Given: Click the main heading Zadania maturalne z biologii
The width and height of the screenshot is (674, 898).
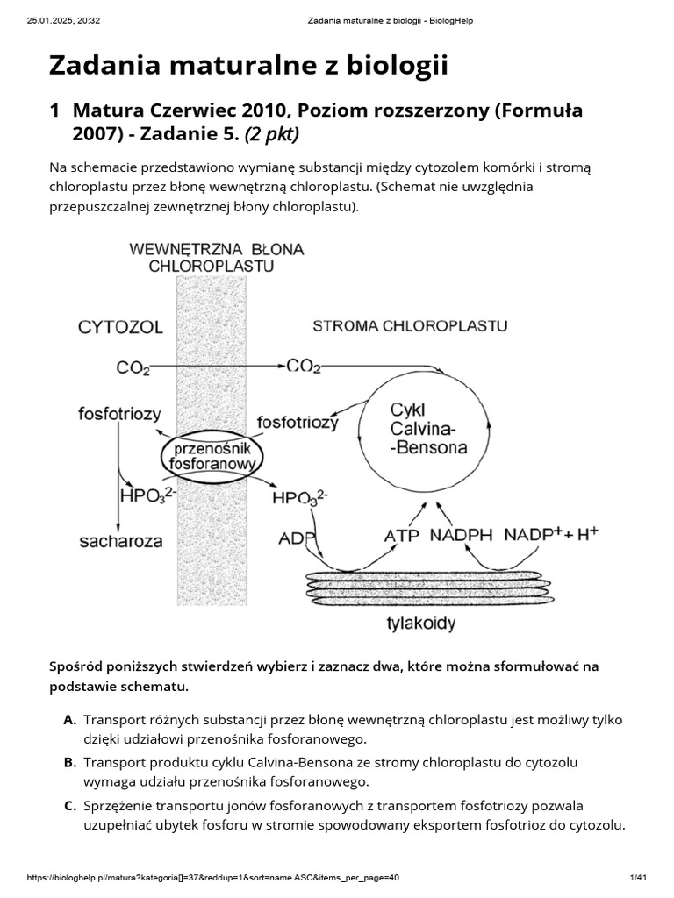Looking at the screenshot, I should tap(248, 65).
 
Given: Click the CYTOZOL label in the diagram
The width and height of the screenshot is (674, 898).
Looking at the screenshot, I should tap(120, 328).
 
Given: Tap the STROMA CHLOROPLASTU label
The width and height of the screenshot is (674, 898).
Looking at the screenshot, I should tap(410, 326).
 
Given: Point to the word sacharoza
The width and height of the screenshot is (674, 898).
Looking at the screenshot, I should tap(121, 541).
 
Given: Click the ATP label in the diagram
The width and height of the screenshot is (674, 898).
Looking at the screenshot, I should tap(402, 534).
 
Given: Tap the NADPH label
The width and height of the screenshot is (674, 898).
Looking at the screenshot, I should tap(462, 534).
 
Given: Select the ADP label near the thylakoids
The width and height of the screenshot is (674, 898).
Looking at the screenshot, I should tap(296, 537).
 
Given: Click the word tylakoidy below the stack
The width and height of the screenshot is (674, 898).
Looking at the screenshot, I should tap(422, 624).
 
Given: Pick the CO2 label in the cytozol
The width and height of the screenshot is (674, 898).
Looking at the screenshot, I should tap(133, 367).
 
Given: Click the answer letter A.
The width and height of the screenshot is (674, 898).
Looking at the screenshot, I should tap(69, 720).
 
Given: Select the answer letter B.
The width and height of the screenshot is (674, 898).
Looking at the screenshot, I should tap(69, 762).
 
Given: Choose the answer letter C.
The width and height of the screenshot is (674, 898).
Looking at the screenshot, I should tap(69, 804).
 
